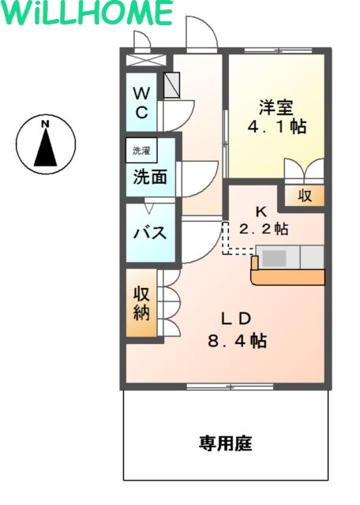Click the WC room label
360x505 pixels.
[x=141, y=101]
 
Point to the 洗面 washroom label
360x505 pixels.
[x=149, y=178]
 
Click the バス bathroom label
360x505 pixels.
[x=148, y=233]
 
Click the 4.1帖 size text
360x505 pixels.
[x=277, y=126]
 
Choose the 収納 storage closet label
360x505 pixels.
[x=141, y=303]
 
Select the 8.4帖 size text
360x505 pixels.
[x=236, y=341]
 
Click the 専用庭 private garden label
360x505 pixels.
[x=224, y=444]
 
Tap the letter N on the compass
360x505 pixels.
[x=46, y=124]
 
